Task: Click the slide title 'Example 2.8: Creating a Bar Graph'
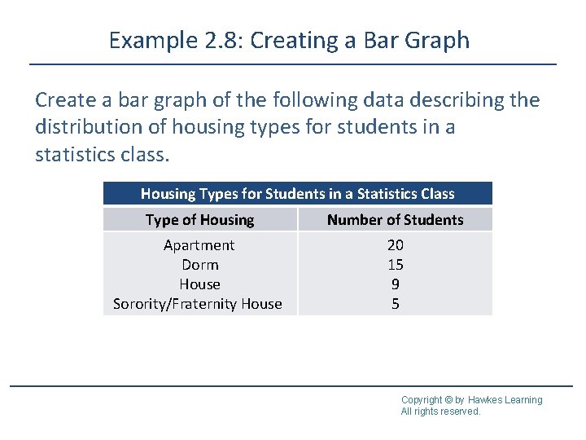click(289, 40)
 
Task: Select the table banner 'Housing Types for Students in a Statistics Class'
click(297, 194)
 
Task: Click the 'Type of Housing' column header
click(199, 220)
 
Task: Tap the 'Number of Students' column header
click(395, 220)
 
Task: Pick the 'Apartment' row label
click(199, 245)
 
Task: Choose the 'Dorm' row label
click(199, 265)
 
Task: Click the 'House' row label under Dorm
click(199, 284)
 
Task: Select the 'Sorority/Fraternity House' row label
click(198, 304)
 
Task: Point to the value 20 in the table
click(396, 245)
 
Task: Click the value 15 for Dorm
click(396, 265)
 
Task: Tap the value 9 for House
click(396, 284)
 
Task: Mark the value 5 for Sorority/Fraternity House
click(396, 304)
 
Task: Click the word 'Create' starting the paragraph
click(64, 100)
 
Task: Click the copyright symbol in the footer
click(448, 400)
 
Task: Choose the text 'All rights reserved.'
click(440, 411)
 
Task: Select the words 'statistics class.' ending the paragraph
click(98, 154)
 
